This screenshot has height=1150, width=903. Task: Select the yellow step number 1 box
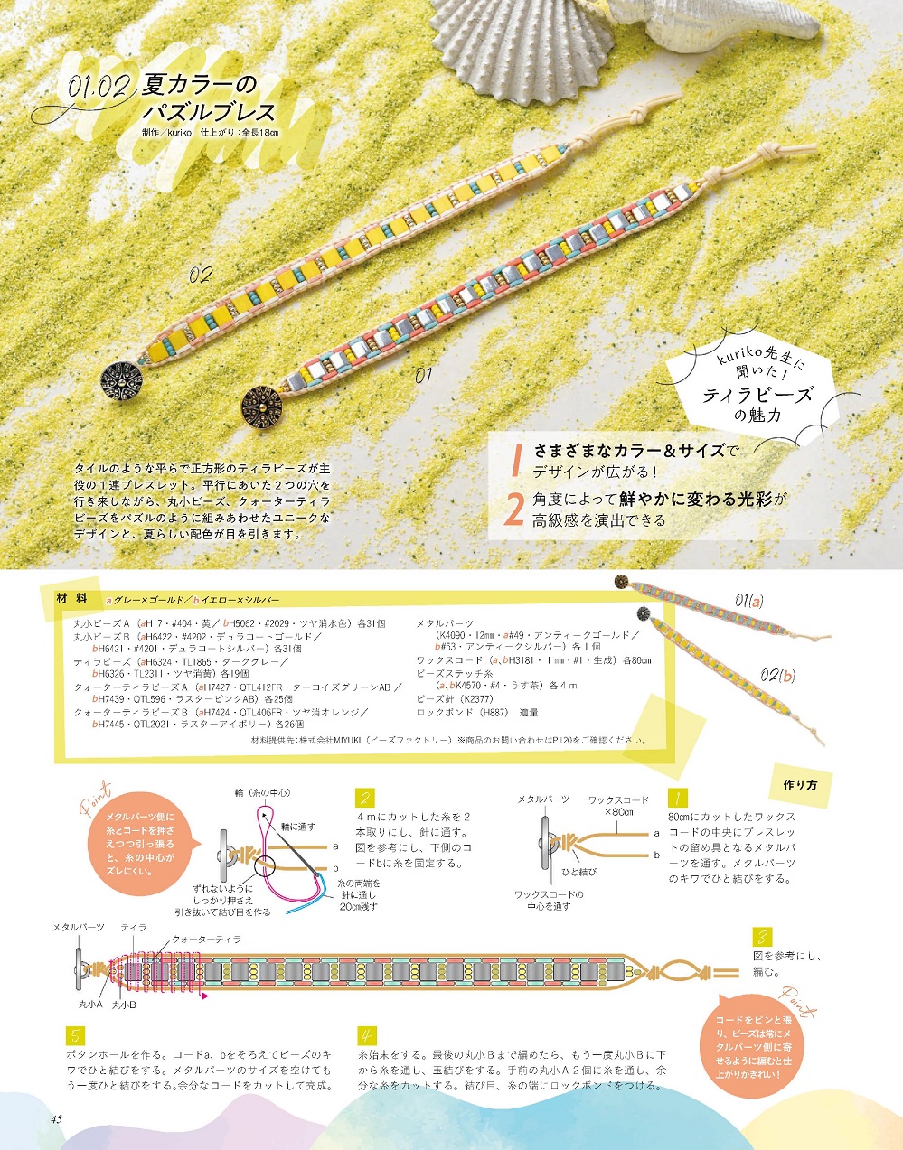click(677, 797)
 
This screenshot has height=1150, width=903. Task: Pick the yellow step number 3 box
click(762, 937)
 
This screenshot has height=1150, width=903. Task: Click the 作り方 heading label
click(800, 785)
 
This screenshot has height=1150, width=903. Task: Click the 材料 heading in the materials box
click(71, 599)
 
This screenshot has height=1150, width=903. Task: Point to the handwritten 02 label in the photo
click(201, 275)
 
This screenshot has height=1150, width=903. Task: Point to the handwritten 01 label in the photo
click(423, 377)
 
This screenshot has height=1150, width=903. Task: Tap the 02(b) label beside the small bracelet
click(778, 676)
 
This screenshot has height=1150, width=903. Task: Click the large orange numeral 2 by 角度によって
click(514, 510)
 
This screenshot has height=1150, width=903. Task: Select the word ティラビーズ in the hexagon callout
click(757, 396)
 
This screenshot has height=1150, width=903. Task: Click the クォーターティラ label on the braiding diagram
click(206, 940)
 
